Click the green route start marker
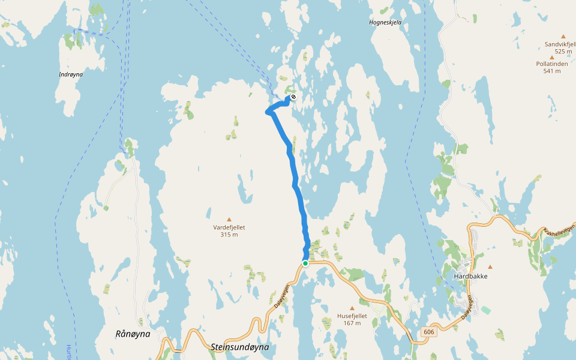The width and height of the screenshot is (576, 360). coord(305,263)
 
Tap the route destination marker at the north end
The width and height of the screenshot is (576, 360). coord(293,97)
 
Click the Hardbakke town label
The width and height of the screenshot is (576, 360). coord(470,277)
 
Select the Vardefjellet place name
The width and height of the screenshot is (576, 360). coord(229,227)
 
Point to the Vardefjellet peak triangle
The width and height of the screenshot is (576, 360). coord(229,220)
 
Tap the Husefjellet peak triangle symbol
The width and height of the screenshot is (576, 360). coord(352,308)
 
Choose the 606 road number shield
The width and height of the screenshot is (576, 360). coord(428,332)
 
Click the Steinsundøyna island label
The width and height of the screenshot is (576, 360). coord(239,347)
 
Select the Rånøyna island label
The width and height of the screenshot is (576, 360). coord(133,334)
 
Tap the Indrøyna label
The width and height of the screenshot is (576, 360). coord(71,74)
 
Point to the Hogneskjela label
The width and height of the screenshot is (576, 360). coord(385,23)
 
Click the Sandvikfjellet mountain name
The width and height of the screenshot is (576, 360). coord(560,44)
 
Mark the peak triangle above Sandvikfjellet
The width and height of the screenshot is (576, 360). coord(563,37)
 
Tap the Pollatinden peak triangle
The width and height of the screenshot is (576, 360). coord(551,56)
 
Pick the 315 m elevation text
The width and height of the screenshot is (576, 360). coord(229,235)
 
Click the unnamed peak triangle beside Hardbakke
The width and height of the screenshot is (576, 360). coord(490,267)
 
